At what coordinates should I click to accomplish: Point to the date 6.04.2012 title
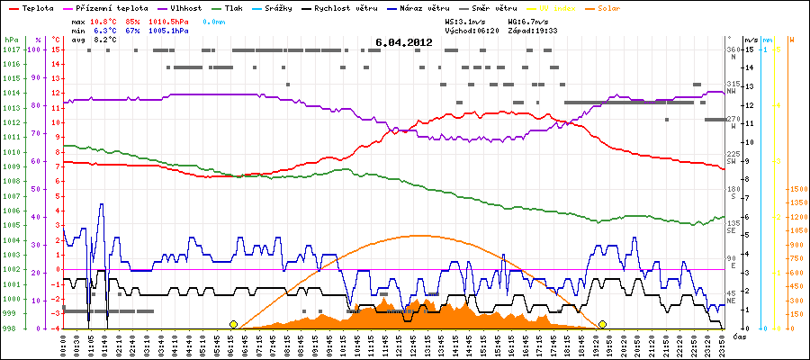404,42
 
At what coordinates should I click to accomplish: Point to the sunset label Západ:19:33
535,30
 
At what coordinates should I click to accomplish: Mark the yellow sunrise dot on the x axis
234,324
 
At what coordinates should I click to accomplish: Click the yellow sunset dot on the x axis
602,324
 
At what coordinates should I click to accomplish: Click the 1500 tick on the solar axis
796,190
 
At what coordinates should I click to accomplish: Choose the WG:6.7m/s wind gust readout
528,19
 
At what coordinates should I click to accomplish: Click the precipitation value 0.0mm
213,19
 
